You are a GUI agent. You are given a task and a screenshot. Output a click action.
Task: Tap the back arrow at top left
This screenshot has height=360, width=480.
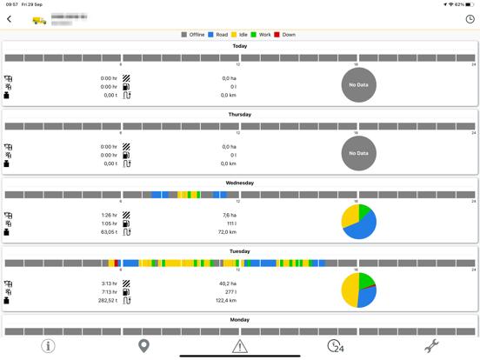tap(10, 19)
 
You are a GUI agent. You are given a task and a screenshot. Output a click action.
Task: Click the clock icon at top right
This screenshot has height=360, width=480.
tap(470, 19)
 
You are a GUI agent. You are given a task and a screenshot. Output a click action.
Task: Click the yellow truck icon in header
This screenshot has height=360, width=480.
tap(39, 20)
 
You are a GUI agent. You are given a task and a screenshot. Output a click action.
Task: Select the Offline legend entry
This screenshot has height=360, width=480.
tap(193, 35)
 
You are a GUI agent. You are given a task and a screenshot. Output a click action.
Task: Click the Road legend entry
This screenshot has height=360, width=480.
tap(217, 35)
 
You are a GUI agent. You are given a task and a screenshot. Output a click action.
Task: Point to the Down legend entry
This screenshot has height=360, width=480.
tap(284, 35)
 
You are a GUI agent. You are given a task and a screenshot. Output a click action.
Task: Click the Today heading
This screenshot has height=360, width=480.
tap(240, 46)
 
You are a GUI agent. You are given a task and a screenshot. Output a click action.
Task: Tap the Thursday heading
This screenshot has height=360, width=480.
tap(240, 115)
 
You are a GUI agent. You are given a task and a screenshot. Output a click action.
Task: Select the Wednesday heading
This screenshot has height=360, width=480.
tap(240, 183)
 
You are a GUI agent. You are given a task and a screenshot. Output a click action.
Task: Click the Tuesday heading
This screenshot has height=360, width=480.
tap(240, 251)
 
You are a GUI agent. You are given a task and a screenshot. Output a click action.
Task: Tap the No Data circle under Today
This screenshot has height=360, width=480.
tap(358, 85)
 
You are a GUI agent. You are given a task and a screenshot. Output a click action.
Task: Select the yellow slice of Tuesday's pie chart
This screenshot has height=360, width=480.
tap(349, 291)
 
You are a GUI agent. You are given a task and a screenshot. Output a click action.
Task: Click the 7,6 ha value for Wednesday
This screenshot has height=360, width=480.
tap(229, 216)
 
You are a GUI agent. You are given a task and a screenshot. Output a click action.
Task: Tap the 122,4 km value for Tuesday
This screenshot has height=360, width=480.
tap(226, 301)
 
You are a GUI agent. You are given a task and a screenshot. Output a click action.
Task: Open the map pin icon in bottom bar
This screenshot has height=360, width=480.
tap(144, 345)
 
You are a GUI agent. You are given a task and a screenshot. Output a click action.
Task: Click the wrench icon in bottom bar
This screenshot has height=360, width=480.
tap(431, 345)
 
